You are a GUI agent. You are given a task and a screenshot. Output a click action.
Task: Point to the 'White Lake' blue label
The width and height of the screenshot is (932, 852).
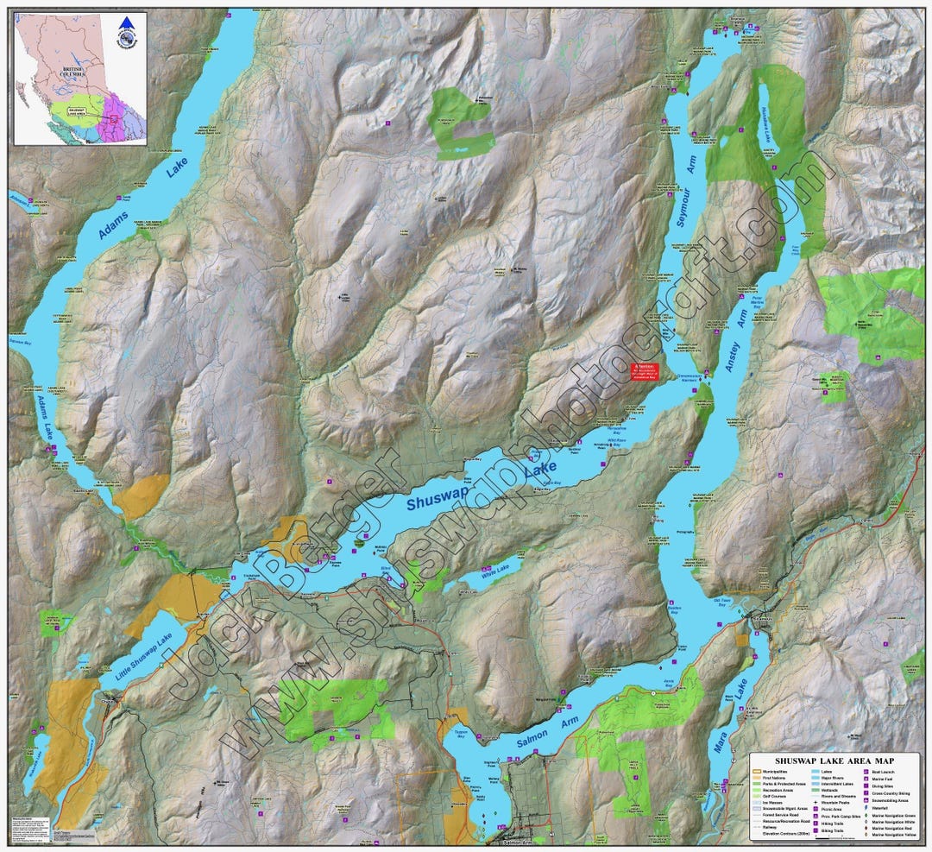[496, 571]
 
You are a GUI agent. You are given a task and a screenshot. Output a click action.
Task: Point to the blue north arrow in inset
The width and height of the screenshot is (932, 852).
[127, 23]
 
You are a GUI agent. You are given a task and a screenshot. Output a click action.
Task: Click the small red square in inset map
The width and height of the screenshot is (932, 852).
[114, 119]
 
